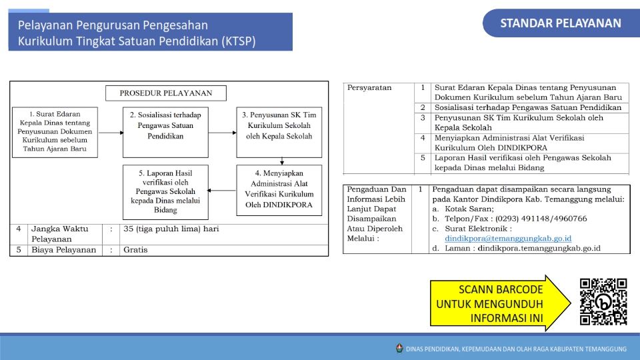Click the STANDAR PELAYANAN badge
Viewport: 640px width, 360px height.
[x=561, y=24]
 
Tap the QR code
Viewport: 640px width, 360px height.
[x=603, y=302]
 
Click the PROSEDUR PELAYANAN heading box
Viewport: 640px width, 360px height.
[x=166, y=93]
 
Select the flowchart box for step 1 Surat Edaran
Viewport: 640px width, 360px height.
[x=55, y=133]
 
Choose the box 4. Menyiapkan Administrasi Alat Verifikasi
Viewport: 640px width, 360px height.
[x=279, y=190]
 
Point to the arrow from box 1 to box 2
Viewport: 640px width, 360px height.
[x=111, y=133]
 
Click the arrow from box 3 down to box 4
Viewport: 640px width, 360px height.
[x=282, y=161]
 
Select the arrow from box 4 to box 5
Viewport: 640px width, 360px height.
[x=221, y=190]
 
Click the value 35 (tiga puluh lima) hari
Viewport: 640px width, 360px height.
[x=171, y=229]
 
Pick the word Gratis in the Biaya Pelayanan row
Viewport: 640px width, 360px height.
[x=135, y=250]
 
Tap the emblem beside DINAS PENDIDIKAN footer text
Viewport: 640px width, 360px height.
[x=399, y=348]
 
